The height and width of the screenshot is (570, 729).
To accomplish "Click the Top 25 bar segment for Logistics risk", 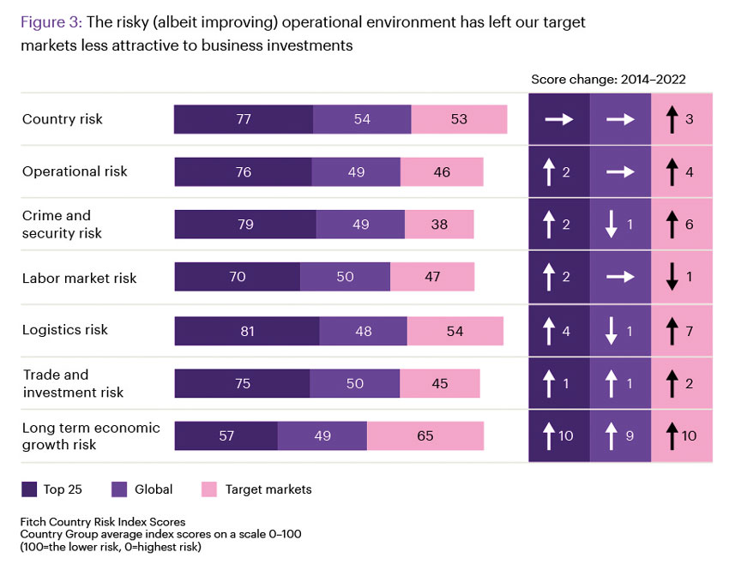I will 247,331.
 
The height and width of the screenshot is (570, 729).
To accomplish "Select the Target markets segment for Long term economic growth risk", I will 425,435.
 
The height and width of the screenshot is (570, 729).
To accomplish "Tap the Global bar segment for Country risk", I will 362,119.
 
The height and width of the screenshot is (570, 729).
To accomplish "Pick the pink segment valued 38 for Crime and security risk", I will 439,225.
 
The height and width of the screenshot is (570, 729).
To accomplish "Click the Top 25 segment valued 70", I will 238,277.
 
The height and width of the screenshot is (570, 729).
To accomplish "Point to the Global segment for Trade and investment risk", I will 355,383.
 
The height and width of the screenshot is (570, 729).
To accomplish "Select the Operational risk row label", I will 75,171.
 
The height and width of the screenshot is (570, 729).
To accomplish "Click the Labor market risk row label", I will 79,278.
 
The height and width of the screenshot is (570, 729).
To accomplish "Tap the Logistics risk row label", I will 65,330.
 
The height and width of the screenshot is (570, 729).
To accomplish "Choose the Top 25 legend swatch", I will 29,489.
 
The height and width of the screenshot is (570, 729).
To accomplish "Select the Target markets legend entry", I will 256,489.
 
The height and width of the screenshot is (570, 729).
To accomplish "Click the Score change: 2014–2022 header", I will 608,79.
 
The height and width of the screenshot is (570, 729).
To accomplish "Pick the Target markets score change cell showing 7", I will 682,331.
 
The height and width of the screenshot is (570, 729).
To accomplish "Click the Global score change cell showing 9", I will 620,436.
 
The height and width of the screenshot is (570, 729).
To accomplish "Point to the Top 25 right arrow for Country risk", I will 559,120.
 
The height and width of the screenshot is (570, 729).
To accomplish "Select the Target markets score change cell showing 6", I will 682,225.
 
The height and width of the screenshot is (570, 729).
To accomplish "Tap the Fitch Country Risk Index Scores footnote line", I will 103,521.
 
